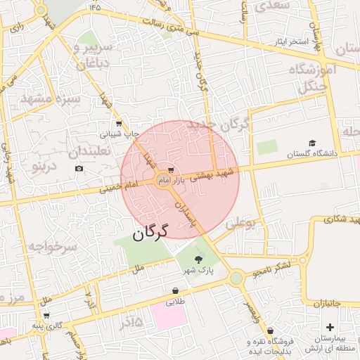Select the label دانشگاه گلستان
[312, 153]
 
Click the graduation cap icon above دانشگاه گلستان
[312, 143]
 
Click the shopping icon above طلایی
[175, 290]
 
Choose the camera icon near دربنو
[79, 168]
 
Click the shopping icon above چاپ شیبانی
[119, 123]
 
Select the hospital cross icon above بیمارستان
[330, 327]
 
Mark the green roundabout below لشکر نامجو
[236, 278]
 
